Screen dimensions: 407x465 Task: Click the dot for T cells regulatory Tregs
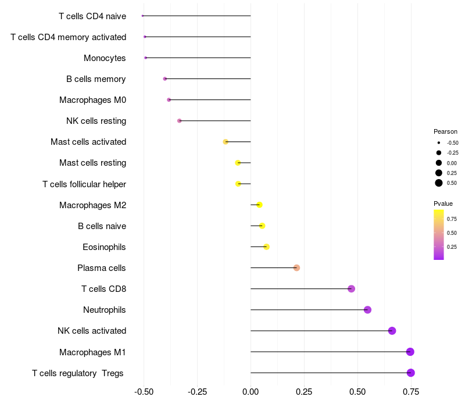[x=410, y=373]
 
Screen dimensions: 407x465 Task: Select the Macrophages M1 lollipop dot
[x=410, y=352]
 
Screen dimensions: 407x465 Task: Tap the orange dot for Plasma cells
[x=296, y=267]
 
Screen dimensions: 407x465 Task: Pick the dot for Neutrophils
[x=367, y=310]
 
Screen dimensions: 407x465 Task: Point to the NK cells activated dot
[x=392, y=331]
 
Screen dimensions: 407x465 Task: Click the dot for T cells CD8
[x=351, y=289]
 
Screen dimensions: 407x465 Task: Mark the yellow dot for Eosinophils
[x=266, y=247]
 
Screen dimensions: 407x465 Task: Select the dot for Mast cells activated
[x=226, y=142]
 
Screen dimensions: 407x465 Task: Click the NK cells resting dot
[x=179, y=121]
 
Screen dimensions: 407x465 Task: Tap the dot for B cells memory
[x=165, y=78]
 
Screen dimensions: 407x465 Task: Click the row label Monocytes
[x=105, y=58]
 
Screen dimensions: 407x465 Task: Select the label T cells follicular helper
[x=84, y=184]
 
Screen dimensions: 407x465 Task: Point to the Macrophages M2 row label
[x=93, y=205]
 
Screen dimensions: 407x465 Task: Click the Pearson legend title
[x=445, y=131]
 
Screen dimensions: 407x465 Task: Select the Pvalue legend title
[x=443, y=203]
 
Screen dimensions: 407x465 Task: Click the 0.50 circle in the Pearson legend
[x=439, y=183]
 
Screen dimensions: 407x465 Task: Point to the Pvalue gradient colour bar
[x=439, y=234]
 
